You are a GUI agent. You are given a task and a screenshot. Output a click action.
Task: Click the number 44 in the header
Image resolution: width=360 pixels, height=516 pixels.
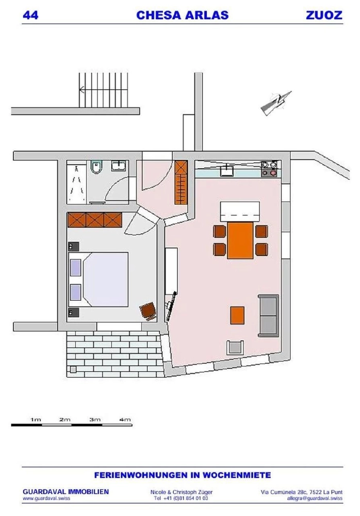click(x=30, y=15)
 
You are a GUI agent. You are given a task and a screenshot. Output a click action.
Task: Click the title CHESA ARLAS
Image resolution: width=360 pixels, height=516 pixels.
click(x=182, y=15)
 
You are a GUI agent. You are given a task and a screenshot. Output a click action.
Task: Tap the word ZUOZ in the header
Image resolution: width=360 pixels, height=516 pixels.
click(x=324, y=15)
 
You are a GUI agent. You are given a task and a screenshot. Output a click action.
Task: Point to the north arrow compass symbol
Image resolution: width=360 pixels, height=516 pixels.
click(x=276, y=102)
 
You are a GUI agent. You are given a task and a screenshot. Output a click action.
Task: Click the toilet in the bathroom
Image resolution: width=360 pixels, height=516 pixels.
click(x=96, y=168)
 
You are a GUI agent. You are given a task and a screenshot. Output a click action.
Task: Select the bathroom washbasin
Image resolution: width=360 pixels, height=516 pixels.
click(x=118, y=166)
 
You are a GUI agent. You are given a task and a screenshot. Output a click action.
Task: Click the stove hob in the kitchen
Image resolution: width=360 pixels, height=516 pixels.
click(x=270, y=168)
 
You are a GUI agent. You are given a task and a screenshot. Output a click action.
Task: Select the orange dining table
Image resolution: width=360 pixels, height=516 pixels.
click(x=240, y=240)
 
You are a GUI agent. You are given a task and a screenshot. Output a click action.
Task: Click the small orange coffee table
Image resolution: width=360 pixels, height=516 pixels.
click(x=237, y=315)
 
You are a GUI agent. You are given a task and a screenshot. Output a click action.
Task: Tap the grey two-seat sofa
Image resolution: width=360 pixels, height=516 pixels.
click(x=269, y=316)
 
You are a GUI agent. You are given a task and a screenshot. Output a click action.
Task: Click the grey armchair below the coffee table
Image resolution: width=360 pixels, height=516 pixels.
click(x=235, y=347)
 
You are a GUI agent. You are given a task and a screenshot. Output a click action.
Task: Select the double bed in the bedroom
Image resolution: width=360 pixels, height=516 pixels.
click(x=99, y=279)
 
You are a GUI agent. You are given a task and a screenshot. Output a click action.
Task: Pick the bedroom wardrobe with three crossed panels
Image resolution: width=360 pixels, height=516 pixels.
click(x=95, y=220)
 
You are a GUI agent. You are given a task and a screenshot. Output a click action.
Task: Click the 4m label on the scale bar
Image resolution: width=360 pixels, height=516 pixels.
click(x=125, y=419)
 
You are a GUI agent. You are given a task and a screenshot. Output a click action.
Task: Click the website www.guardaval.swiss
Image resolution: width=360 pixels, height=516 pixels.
click(x=46, y=498)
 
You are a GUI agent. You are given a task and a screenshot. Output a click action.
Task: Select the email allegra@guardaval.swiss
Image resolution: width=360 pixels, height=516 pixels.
click(x=315, y=498)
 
